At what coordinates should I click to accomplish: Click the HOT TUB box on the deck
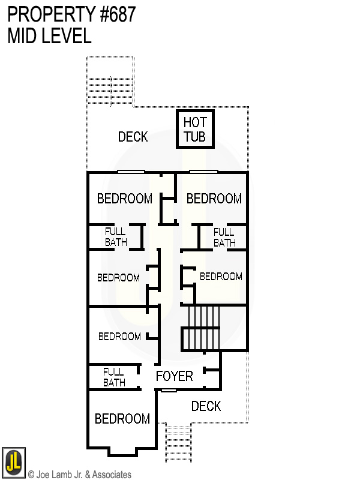coord(194,130)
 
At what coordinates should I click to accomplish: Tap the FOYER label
coord(174,376)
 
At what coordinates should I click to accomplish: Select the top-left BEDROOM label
coord(125,199)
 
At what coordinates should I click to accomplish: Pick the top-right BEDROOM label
coord(214,199)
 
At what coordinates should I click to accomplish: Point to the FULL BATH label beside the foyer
coord(114,377)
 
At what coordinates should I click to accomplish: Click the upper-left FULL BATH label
coord(116,237)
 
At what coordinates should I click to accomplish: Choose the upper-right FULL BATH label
coord(224,237)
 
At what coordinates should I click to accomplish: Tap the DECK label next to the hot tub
coord(133,137)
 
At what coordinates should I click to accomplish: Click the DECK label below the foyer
coord(206,406)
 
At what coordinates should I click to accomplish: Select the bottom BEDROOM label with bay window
coord(122,419)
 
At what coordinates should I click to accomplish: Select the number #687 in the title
coord(115,14)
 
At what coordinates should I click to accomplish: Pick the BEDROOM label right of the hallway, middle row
coord(221,277)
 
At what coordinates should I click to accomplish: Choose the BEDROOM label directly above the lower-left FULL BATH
coord(119,337)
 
